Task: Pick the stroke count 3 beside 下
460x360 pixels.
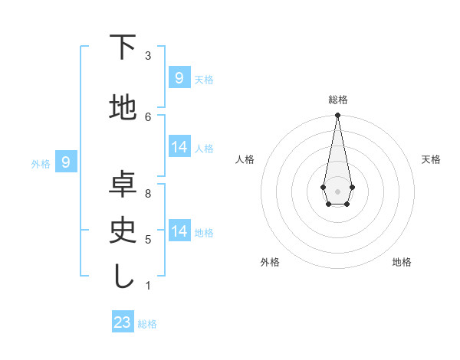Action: pos(148,56)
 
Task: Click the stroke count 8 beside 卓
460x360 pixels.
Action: pos(148,194)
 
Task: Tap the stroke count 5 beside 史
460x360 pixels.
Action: pos(148,240)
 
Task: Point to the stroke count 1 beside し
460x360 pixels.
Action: pos(148,286)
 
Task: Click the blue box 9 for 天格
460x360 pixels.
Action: pos(179,77)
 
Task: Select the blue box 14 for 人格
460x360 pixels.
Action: pos(179,147)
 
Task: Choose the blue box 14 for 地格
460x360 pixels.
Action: pos(179,231)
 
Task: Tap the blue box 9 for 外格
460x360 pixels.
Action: pos(66,162)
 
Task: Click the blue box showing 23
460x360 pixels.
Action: pos(123,322)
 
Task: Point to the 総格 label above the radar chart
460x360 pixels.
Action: pos(337,100)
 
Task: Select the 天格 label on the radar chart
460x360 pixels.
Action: pos(431,159)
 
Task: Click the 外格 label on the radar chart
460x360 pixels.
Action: pos(270,262)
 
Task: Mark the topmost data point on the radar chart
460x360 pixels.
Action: pos(337,116)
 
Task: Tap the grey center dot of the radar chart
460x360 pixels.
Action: pos(337,190)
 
